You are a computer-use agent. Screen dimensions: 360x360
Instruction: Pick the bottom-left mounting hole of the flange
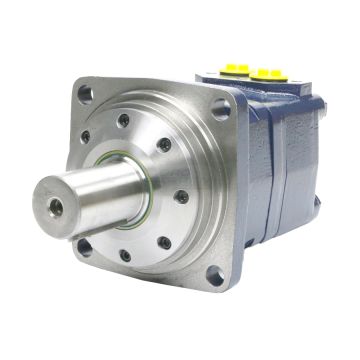click(86, 245)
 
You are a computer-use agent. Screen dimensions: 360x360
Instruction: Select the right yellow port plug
click(269, 74)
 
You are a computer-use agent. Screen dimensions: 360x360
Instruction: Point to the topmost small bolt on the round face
click(123, 119)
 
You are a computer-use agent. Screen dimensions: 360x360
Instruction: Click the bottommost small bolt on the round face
click(125, 254)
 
